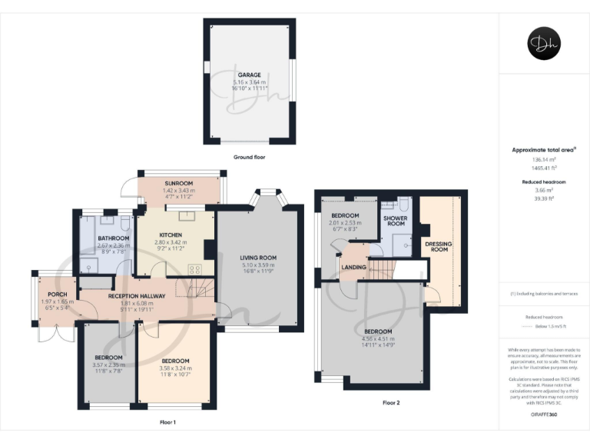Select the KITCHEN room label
click(170, 235)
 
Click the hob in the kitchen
click(195, 269)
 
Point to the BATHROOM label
click(113, 238)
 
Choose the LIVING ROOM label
click(258, 258)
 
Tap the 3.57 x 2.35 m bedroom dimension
click(108, 364)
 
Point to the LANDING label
click(353, 268)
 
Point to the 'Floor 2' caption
click(391, 402)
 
